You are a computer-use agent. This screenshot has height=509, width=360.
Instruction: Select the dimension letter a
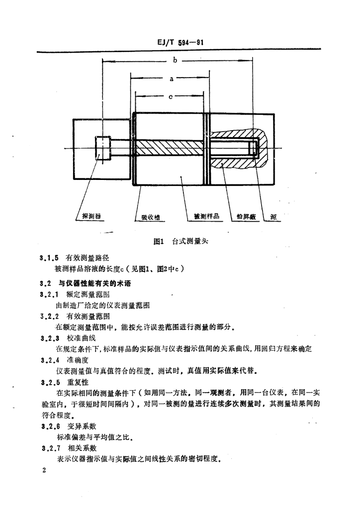(x=171, y=79)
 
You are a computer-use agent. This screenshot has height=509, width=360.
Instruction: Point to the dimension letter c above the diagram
(x=170, y=97)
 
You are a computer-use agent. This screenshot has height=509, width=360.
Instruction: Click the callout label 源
(x=273, y=217)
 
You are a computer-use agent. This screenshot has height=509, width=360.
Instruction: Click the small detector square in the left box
(x=103, y=148)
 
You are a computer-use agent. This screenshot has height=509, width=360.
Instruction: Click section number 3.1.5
(x=49, y=258)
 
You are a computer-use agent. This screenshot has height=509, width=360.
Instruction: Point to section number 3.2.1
(x=49, y=294)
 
